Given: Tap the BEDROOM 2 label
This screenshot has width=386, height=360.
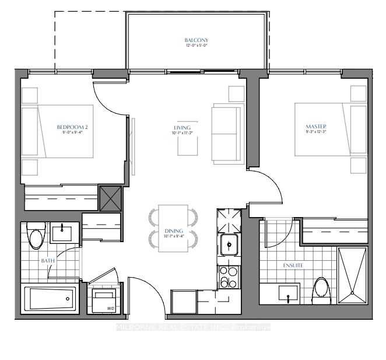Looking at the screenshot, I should tap(72, 127).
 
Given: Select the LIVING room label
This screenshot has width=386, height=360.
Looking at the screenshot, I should tap(183, 127).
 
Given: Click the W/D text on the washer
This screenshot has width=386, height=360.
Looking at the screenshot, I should tap(109, 308).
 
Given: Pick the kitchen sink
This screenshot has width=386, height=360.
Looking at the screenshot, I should tap(230, 245).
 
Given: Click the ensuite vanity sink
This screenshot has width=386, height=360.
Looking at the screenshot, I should tap(289, 292).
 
